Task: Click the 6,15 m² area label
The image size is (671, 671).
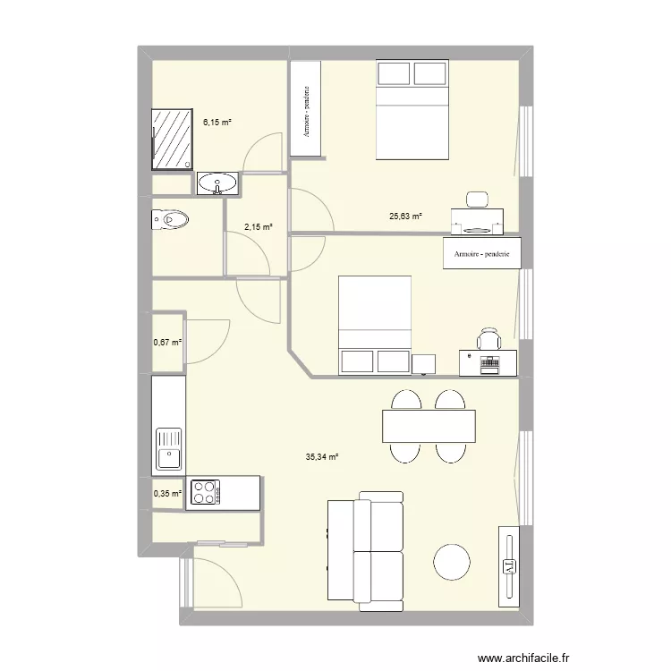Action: [x=217, y=123]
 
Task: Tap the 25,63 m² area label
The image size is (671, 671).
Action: [x=405, y=217]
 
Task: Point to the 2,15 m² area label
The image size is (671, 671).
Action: [x=259, y=227]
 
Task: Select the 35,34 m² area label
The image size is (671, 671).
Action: [x=322, y=457]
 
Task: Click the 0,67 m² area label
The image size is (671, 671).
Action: [x=167, y=343]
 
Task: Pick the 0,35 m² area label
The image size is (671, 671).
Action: [x=167, y=493]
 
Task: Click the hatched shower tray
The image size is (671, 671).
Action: [x=172, y=139]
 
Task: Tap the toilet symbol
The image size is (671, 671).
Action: [x=170, y=220]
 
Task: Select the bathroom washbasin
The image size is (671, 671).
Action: [x=217, y=184]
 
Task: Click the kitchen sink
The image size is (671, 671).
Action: [x=169, y=449]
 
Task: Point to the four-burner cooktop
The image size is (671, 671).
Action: [x=205, y=492]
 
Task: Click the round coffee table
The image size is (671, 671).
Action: [x=452, y=562]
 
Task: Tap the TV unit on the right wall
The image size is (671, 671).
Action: [x=509, y=566]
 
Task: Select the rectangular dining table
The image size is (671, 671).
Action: [x=429, y=426]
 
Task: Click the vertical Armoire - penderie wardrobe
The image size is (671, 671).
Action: [x=306, y=108]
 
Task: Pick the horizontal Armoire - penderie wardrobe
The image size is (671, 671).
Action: [x=482, y=253]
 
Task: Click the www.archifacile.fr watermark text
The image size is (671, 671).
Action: [x=523, y=658]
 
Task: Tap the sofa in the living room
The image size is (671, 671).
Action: [x=365, y=552]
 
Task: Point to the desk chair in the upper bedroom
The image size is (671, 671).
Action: [x=477, y=200]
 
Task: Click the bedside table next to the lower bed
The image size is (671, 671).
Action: [x=424, y=364]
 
